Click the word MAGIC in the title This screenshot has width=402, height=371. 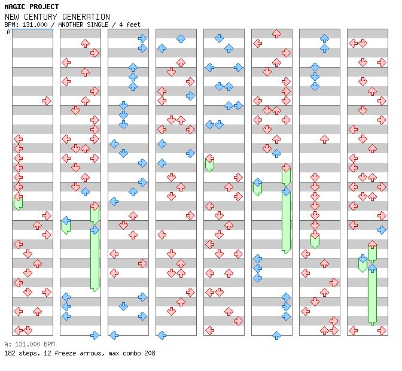[14, 7]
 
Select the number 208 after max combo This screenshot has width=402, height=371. [150, 353]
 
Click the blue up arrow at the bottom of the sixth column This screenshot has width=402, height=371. [276, 335]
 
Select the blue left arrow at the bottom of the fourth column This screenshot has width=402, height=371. [162, 335]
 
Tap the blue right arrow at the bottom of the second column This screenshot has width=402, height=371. [95, 335]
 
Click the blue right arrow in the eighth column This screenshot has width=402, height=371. [382, 230]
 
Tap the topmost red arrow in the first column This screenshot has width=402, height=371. [47, 101]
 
